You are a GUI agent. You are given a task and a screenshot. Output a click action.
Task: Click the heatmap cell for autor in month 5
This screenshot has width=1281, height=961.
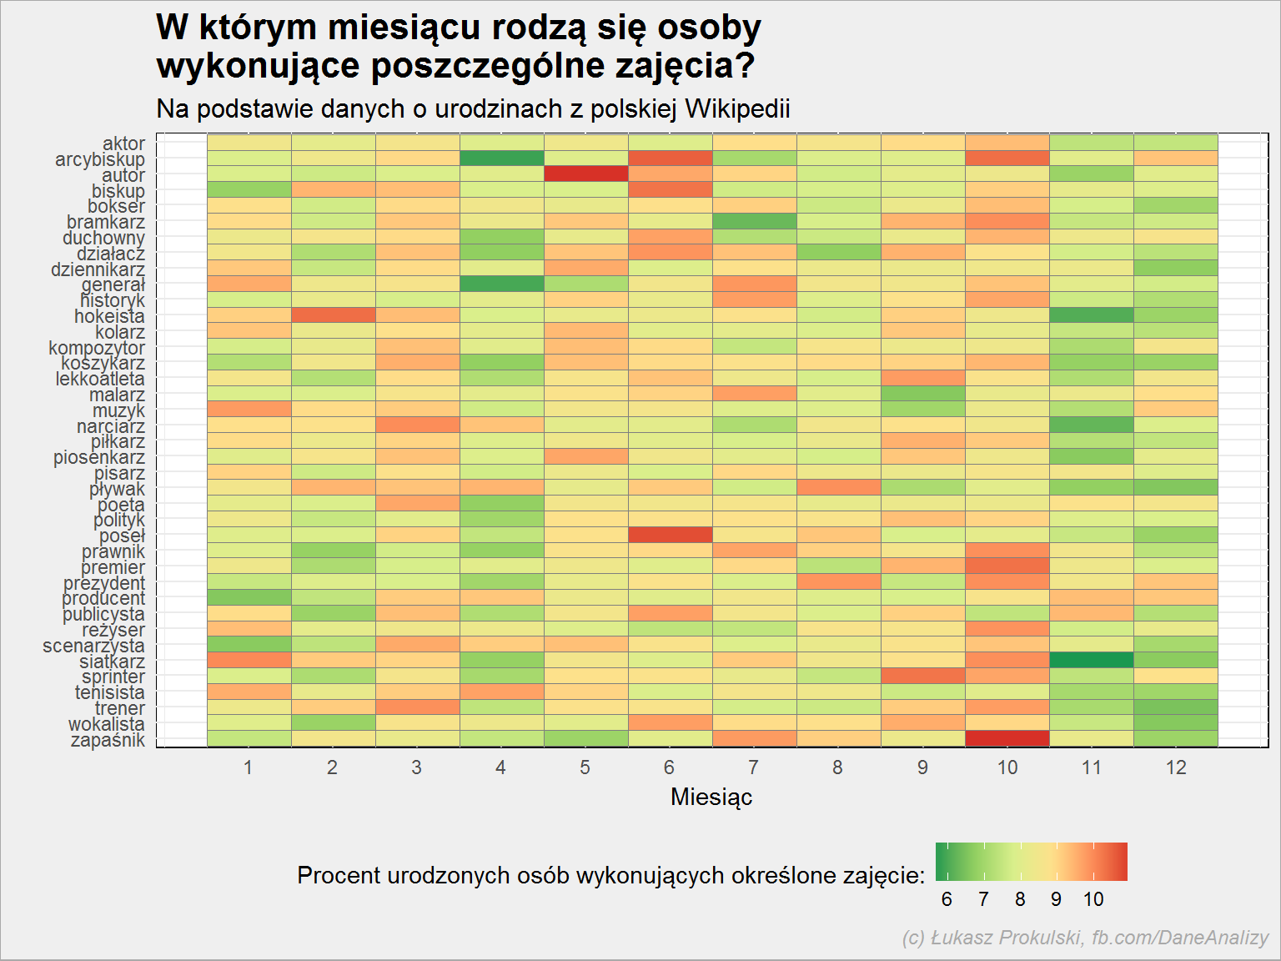pyautogui.click(x=586, y=174)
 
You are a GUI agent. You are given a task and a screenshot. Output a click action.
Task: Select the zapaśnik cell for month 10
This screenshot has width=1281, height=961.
pyautogui.click(x=1007, y=739)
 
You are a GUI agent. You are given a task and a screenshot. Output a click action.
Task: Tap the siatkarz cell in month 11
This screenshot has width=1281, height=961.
pyautogui.click(x=1092, y=661)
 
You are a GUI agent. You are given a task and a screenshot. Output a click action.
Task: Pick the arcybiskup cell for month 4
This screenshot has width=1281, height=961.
pyautogui.click(x=502, y=158)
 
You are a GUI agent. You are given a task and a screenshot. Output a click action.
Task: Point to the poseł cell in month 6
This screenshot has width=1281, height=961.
pyautogui.click(x=670, y=535)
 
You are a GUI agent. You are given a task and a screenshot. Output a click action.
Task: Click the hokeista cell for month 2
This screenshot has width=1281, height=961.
pyautogui.click(x=334, y=315)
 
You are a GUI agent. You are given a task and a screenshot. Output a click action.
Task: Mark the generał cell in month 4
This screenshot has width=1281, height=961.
pyautogui.click(x=502, y=284)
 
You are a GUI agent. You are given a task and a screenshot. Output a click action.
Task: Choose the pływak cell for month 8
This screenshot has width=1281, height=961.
pyautogui.click(x=839, y=488)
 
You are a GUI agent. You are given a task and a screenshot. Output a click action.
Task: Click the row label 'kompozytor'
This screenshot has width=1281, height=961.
pyautogui.click(x=97, y=348)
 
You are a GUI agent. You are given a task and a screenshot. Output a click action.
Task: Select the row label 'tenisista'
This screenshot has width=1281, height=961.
pyautogui.click(x=110, y=692)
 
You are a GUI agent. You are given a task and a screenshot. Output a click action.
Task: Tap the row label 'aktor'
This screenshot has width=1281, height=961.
pyautogui.click(x=123, y=143)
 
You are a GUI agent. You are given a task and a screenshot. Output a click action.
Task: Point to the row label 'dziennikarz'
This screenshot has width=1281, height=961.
pyautogui.click(x=98, y=269)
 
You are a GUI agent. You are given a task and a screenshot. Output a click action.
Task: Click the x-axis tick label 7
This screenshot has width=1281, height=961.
pyautogui.click(x=754, y=767)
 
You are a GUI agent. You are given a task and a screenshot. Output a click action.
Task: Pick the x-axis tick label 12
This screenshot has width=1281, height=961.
pyautogui.click(x=1176, y=767)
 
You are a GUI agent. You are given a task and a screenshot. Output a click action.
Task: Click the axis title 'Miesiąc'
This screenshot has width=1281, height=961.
pyautogui.click(x=711, y=797)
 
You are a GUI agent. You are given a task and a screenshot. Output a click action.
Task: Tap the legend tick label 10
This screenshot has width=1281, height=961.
pyautogui.click(x=1093, y=899)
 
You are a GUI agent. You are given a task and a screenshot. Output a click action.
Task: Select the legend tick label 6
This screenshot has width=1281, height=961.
pyautogui.click(x=947, y=899)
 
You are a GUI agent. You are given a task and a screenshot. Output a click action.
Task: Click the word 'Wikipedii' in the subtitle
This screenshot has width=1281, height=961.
pyautogui.click(x=738, y=108)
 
